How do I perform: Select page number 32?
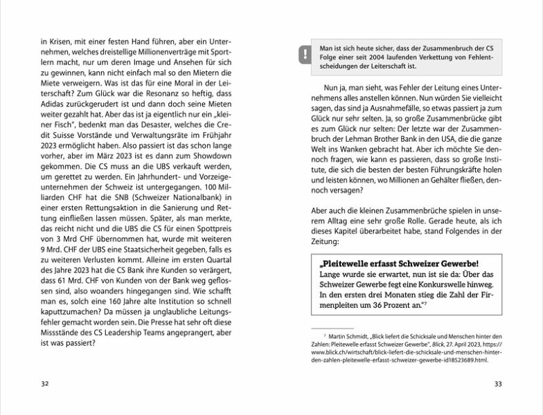tap(45, 383)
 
